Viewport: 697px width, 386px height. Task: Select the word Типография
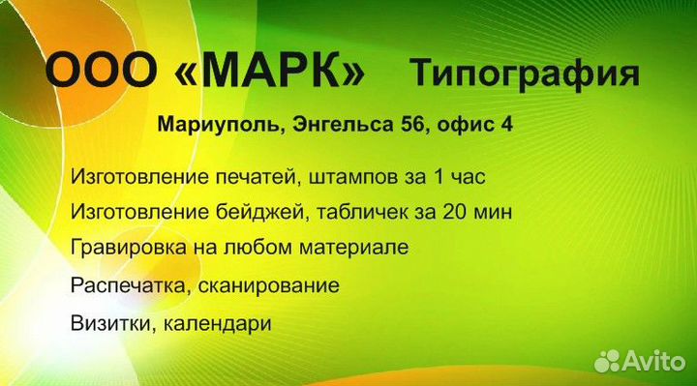pyautogui.click(x=524, y=74)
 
